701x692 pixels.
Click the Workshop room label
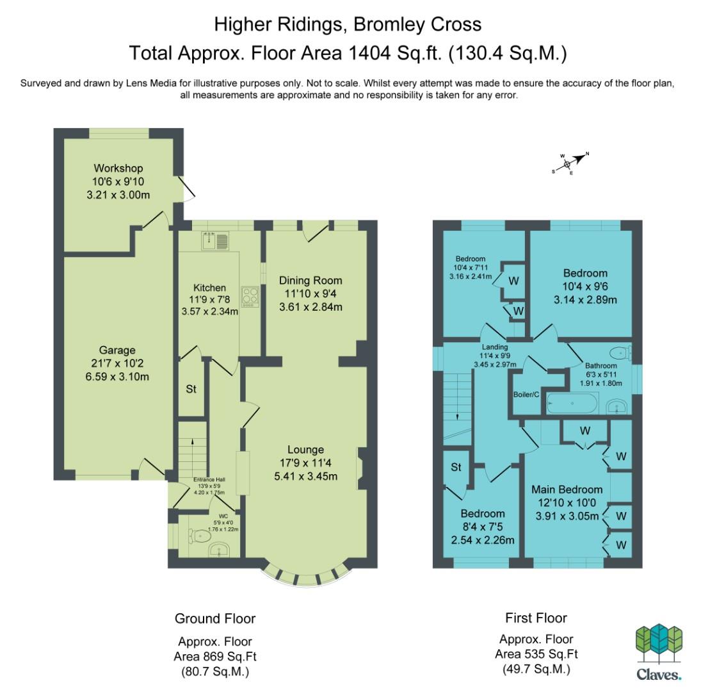coord(118,168)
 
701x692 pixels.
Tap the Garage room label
coord(117,350)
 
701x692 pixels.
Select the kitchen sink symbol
coord(215,240)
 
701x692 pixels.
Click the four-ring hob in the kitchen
coord(250,297)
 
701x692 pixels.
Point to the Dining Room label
coord(310,281)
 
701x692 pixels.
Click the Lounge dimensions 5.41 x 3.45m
coord(306,477)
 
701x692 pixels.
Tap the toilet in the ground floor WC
coord(199,536)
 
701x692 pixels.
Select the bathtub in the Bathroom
coord(573,403)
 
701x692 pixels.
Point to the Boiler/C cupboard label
coord(526,395)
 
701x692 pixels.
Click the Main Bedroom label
coord(567,490)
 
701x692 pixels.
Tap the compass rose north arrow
coord(579,158)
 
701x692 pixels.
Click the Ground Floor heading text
coord(215,619)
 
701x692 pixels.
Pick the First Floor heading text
coord(536,618)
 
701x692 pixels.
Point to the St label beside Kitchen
coord(191,389)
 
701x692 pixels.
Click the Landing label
coord(495,347)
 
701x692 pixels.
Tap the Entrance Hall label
coord(209,479)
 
